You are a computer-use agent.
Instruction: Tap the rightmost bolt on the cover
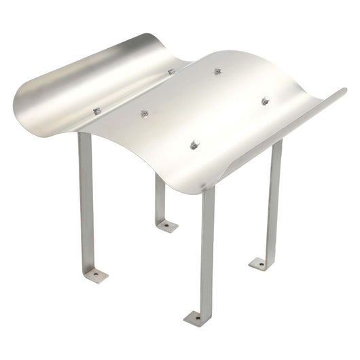[265, 101]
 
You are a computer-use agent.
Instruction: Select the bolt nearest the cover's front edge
[195, 144]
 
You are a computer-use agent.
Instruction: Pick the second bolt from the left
[144, 113]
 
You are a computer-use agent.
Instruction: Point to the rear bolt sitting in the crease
[171, 71]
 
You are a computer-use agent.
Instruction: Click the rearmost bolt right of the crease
[218, 71]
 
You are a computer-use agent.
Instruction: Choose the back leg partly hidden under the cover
[159, 197]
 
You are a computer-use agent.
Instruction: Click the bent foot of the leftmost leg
[95, 274]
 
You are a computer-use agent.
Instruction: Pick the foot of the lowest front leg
[196, 317]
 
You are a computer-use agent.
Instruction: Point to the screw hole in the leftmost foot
[96, 274]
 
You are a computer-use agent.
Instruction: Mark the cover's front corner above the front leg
[204, 190]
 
